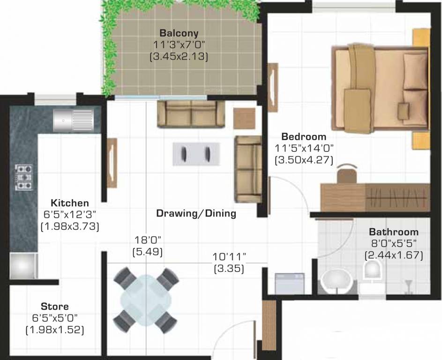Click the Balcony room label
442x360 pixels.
click(x=179, y=33)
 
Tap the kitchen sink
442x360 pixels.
click(x=73, y=120)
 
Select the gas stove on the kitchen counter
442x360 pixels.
click(x=24, y=177)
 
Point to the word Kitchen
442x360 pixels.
click(x=70, y=202)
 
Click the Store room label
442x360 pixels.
click(x=55, y=306)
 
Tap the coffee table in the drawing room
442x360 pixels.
click(x=196, y=154)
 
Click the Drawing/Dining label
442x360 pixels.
click(x=196, y=213)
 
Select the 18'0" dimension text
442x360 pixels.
click(x=148, y=240)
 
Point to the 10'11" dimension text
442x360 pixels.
click(x=229, y=256)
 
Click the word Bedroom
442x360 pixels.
click(x=304, y=136)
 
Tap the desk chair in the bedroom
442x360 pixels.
click(x=347, y=173)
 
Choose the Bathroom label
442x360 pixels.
click(x=394, y=232)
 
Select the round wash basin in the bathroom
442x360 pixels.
click(x=337, y=280)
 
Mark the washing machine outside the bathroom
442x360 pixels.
click(x=290, y=283)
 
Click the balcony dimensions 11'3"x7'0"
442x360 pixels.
click(x=179, y=45)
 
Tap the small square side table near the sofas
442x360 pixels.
click(x=244, y=119)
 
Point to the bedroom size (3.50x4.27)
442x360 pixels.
click(x=304, y=160)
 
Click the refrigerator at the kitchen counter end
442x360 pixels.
click(x=24, y=266)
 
